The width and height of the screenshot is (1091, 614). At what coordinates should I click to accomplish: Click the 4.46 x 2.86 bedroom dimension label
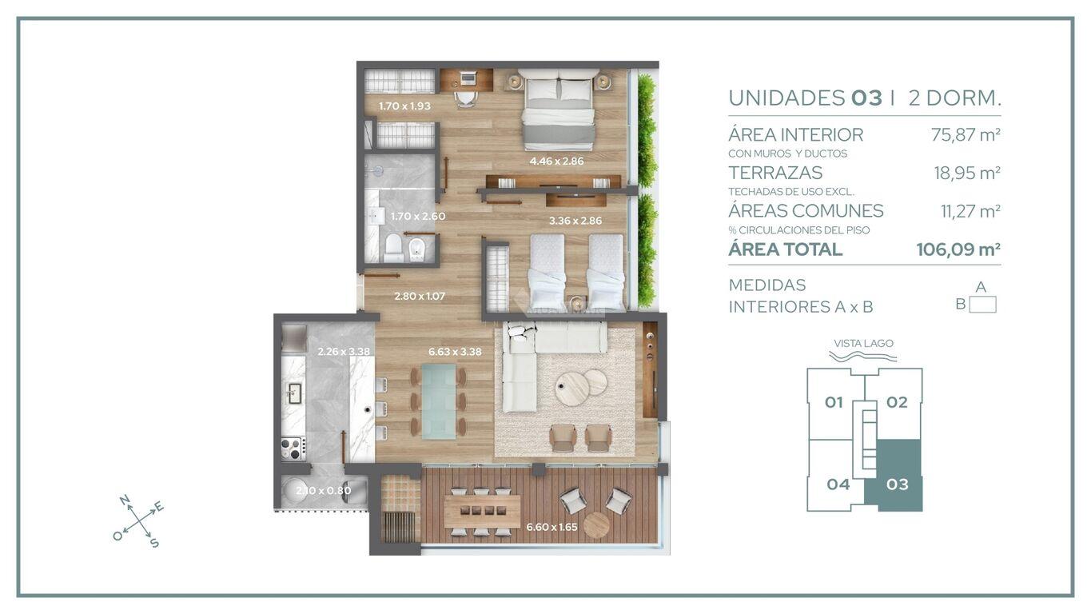click(556, 161)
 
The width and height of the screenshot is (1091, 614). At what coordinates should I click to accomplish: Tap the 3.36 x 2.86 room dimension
click(575, 221)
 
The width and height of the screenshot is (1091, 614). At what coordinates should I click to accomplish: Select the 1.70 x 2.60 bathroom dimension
click(418, 216)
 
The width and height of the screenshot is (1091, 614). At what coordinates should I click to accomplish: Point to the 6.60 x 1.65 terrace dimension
click(551, 527)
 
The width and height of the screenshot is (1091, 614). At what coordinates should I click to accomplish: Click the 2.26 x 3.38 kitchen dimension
click(344, 351)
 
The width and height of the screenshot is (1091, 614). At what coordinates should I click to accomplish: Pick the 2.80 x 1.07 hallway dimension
click(420, 296)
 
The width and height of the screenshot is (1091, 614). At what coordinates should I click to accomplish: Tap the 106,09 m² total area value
click(958, 249)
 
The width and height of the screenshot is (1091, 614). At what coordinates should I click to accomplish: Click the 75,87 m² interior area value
click(966, 134)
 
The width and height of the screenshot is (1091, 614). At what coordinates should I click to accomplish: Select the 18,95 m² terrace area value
click(967, 173)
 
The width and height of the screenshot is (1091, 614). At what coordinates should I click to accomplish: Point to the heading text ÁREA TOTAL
click(785, 249)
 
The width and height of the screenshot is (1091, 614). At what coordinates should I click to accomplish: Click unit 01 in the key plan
click(834, 402)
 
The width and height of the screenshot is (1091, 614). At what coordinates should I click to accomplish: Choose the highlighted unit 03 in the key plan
click(897, 484)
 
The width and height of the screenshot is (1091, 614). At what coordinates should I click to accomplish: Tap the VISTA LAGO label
click(863, 344)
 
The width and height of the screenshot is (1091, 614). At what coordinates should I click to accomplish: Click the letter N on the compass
click(124, 500)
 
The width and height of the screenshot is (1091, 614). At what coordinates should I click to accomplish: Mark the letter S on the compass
click(154, 543)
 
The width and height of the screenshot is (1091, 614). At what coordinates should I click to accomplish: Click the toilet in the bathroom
click(393, 248)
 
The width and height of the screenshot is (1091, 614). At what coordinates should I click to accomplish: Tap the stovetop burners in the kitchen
click(293, 449)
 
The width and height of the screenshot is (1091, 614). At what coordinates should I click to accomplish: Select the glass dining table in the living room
click(439, 401)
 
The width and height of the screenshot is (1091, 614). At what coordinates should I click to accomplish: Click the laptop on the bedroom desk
click(467, 78)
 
